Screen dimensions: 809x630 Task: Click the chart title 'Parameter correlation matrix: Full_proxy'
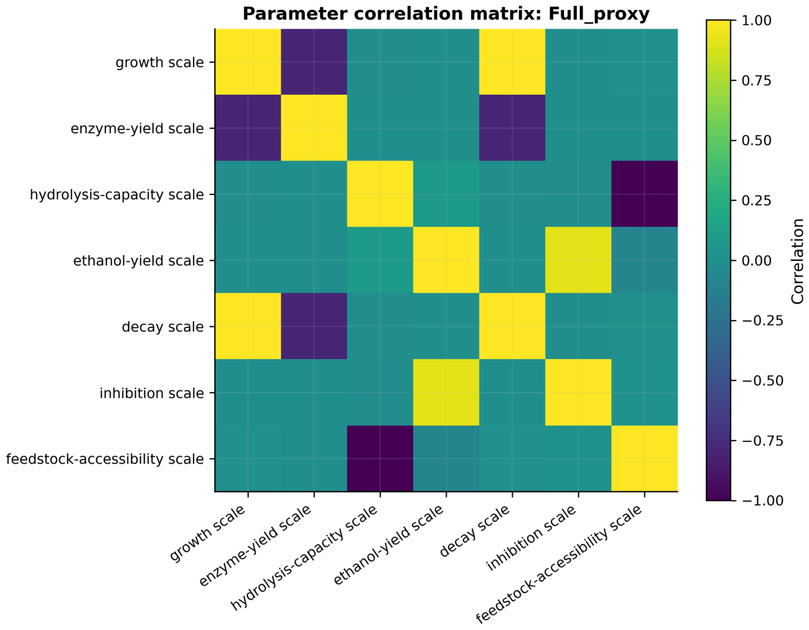point(446,14)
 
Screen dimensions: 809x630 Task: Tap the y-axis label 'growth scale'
point(160,62)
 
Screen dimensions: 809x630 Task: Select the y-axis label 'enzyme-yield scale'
point(138,128)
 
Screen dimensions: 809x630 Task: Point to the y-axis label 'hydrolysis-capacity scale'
point(117,194)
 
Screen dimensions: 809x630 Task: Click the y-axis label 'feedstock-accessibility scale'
point(105,459)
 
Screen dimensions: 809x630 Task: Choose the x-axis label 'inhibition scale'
point(531,537)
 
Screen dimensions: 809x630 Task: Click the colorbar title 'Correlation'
point(797,261)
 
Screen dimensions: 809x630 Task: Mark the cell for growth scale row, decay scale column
point(512,62)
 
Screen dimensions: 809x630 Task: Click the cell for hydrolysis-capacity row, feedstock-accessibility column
point(645,194)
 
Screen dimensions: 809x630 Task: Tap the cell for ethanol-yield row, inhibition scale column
point(578,260)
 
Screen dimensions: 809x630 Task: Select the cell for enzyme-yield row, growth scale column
point(248,128)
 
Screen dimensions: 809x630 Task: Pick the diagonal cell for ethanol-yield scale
point(446,260)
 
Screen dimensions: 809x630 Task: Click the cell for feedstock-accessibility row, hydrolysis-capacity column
point(380,458)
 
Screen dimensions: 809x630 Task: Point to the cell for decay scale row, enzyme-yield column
point(314,326)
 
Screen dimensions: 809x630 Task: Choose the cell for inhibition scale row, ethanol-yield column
point(446,392)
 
